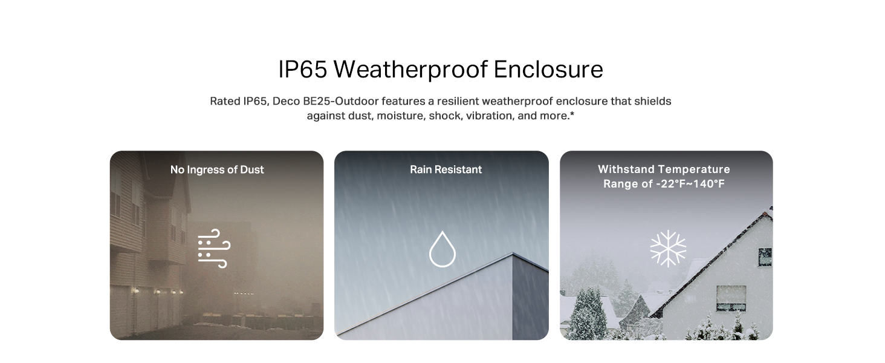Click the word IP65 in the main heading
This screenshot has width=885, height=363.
click(x=303, y=69)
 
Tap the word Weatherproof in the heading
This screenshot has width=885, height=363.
click(x=410, y=70)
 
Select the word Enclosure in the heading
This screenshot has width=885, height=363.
click(x=548, y=69)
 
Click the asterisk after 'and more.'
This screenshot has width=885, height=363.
click(x=572, y=114)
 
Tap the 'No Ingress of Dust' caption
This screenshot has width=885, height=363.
click(x=217, y=169)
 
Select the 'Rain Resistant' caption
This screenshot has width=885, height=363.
click(x=446, y=169)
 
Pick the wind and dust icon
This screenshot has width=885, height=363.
click(x=214, y=248)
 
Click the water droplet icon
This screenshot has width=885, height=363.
click(x=442, y=249)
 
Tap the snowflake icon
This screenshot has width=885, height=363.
click(x=668, y=248)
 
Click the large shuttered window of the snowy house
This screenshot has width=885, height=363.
click(x=731, y=298)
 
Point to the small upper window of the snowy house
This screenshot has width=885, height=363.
click(x=765, y=257)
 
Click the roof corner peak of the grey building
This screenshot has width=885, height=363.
click(x=513, y=253)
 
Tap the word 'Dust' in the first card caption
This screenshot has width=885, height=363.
click(x=251, y=169)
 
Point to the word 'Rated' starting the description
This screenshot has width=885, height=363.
click(x=225, y=101)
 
